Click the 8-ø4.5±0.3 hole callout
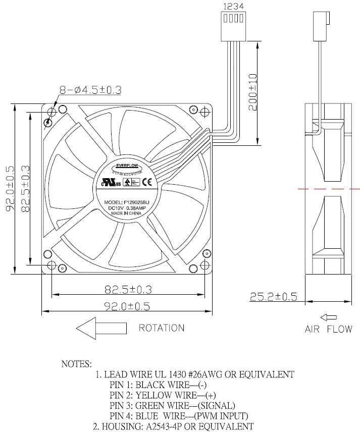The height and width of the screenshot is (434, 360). pos(90,90)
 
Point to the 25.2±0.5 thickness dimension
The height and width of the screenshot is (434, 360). pos(273,296)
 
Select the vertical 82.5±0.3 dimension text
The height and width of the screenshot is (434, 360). pos(25,189)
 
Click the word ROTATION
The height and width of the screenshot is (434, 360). pos(162,328)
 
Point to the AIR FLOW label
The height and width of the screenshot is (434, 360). pos(328,330)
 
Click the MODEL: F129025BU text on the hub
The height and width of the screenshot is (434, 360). pos(127,202)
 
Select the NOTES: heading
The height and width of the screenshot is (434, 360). pos(76,363)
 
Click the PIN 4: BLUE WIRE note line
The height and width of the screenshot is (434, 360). pos(179,416)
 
